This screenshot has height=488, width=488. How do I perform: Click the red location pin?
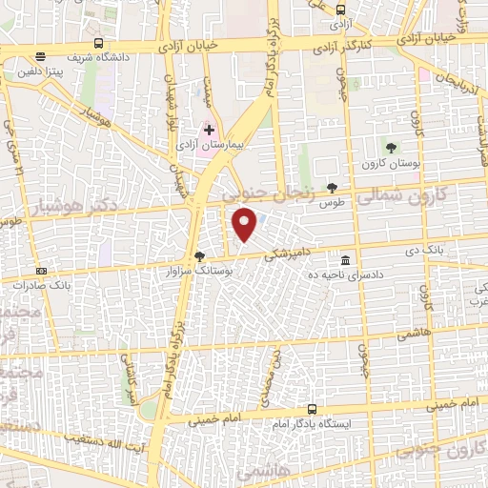pyautogui.click(x=245, y=225)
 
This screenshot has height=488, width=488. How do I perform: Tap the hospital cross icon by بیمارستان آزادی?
pyautogui.click(x=209, y=129)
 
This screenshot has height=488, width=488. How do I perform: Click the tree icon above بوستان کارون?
pyautogui.click(x=390, y=145)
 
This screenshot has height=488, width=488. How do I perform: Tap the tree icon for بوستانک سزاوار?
pyautogui.click(x=199, y=255)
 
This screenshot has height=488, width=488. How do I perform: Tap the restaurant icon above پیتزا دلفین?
pyautogui.click(x=38, y=58)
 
